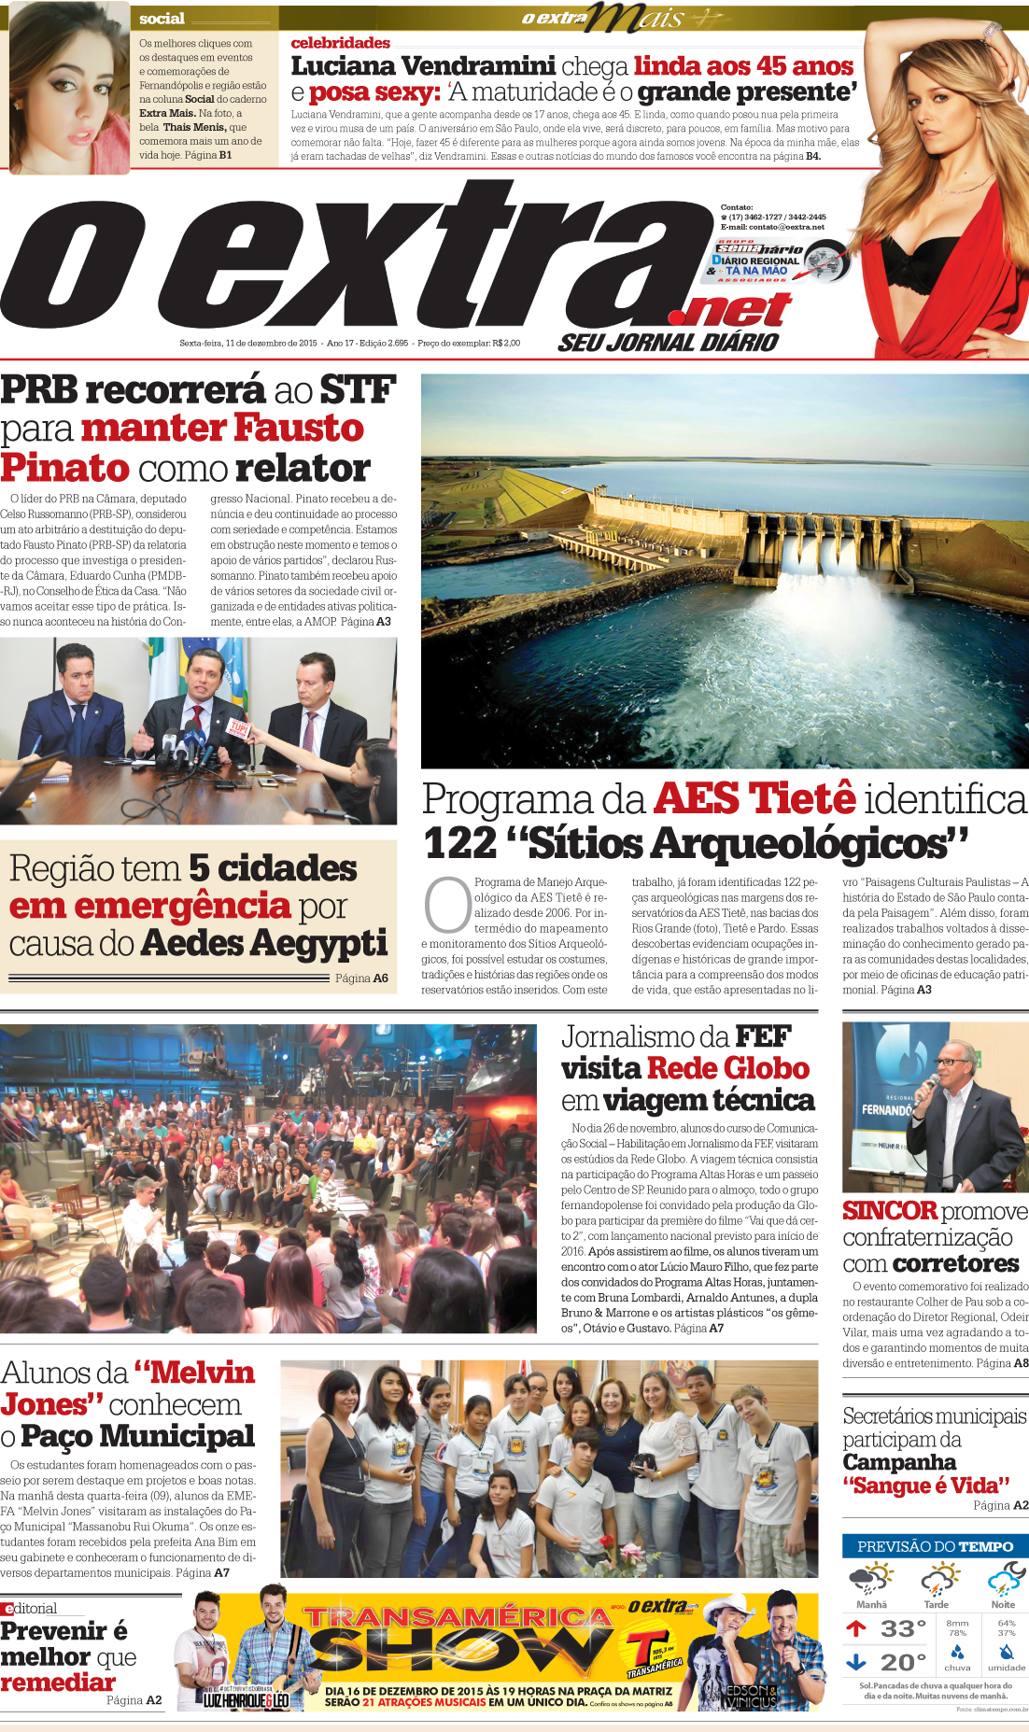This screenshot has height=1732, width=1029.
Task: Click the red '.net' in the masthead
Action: pyautogui.click(x=737, y=310)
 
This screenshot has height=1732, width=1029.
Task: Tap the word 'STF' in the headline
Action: pyautogui.click(x=358, y=390)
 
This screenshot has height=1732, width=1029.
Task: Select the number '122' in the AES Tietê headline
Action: pyautogui.click(x=459, y=843)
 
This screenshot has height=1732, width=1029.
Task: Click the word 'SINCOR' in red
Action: pyautogui.click(x=889, y=1210)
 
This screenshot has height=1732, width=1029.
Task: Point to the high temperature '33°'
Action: pyautogui.click(x=903, y=1629)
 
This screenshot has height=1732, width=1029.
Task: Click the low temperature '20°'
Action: pyautogui.click(x=903, y=1663)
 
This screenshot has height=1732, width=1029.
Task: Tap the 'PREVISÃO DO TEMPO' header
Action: pyautogui.click(x=935, y=1547)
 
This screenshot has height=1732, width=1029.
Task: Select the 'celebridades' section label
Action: pyautogui.click(x=340, y=43)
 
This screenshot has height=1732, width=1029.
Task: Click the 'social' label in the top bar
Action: pyautogui.click(x=162, y=19)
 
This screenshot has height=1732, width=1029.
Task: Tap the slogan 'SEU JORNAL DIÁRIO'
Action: pyautogui.click(x=668, y=343)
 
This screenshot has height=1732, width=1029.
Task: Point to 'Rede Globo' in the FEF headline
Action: pyautogui.click(x=727, y=1068)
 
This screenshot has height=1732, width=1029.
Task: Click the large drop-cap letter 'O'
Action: pyautogui.click(x=447, y=904)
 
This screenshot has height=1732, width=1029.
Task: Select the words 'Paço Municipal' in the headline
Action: pyautogui.click(x=137, y=1436)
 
